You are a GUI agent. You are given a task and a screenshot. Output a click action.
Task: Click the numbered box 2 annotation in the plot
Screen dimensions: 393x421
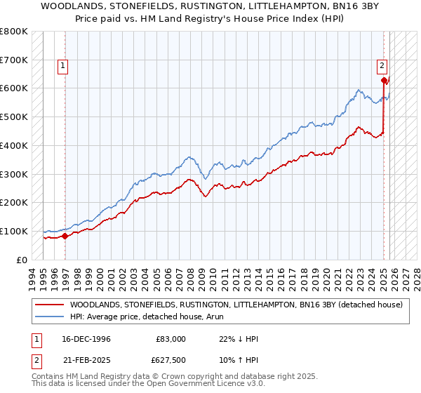(x=382, y=66)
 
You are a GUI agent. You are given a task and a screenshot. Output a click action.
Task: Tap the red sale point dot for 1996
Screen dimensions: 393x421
(x=65, y=236)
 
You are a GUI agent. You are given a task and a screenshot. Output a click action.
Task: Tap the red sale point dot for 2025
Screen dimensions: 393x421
(x=384, y=80)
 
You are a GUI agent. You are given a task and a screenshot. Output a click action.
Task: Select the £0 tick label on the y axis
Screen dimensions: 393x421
(x=21, y=260)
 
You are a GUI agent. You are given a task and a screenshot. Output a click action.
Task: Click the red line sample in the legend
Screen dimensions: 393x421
(x=49, y=305)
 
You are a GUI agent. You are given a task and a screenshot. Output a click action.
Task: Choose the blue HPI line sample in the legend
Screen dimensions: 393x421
(x=49, y=316)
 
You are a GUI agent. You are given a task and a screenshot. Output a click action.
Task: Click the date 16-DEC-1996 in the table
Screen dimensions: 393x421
(x=85, y=339)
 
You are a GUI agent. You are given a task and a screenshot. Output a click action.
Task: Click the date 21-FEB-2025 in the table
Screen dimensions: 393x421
(x=85, y=361)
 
